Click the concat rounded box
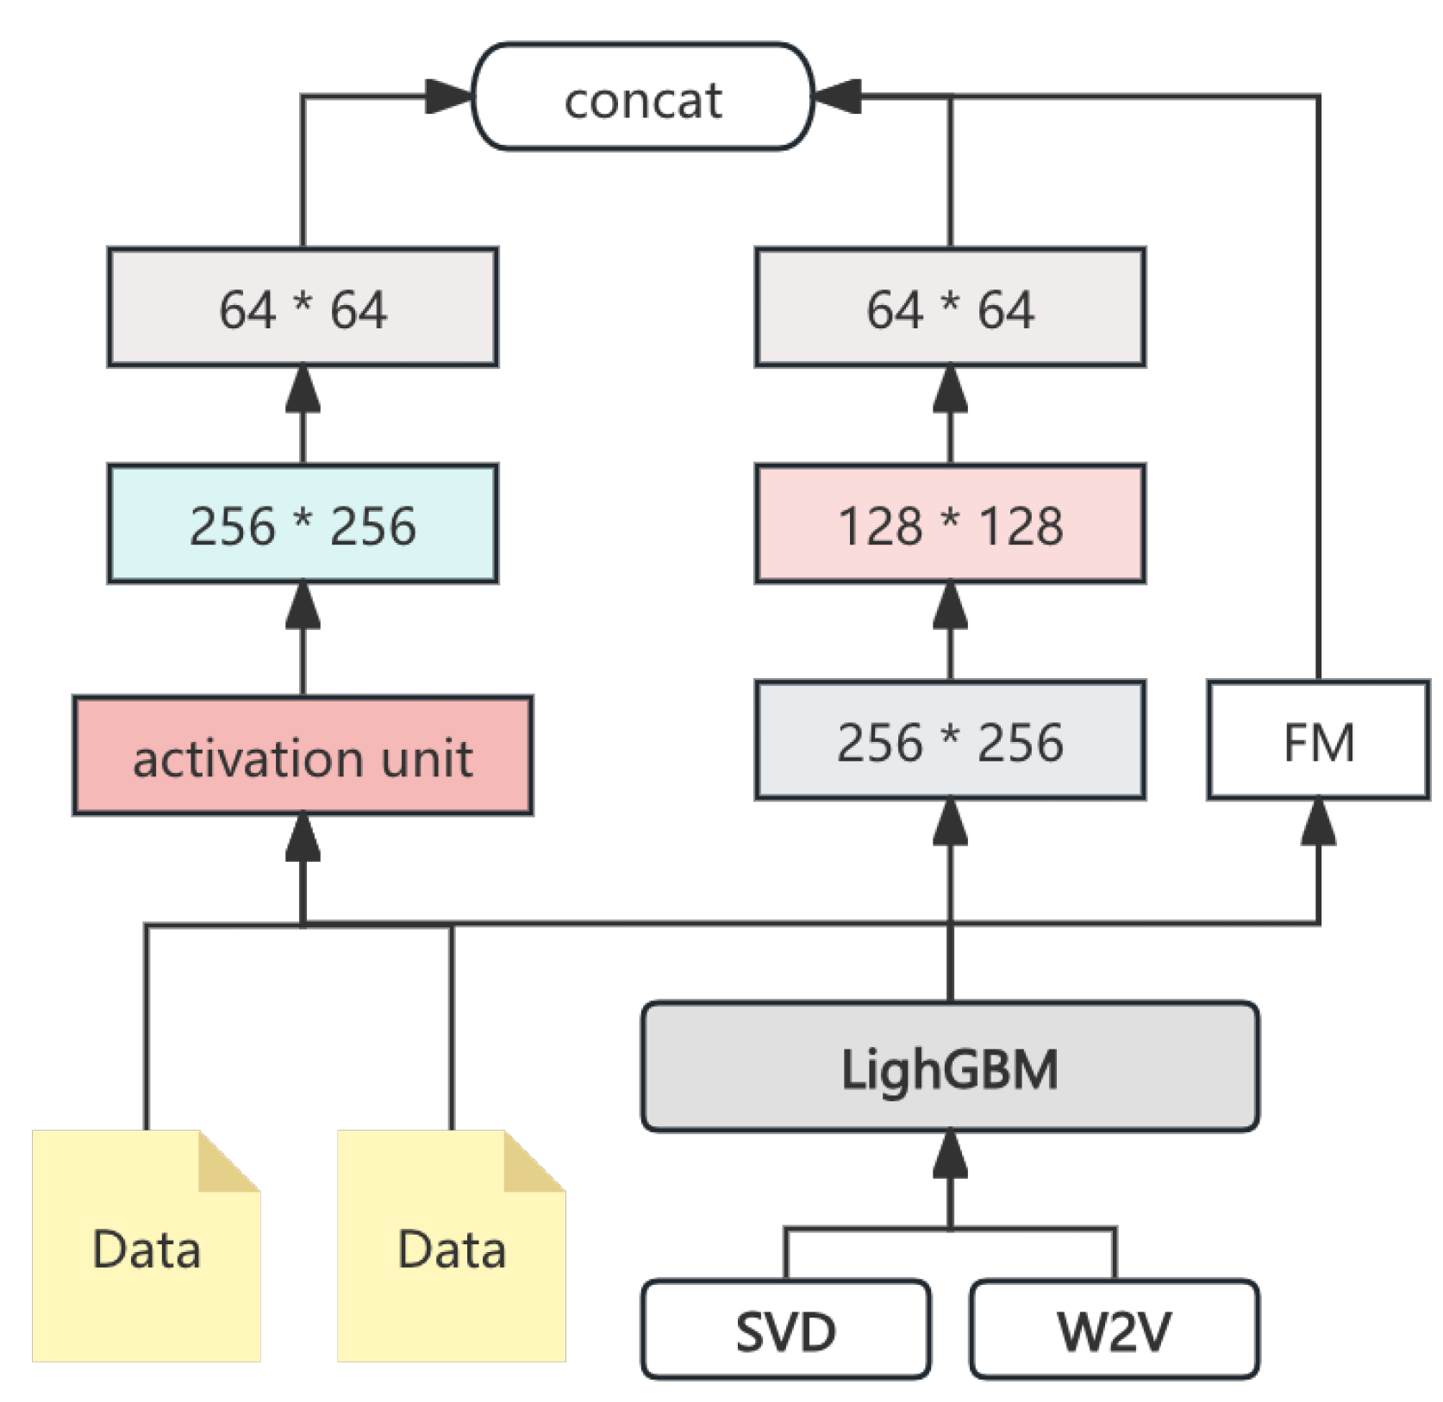click(642, 97)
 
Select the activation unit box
click(303, 756)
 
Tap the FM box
click(1318, 740)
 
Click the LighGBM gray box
click(950, 1066)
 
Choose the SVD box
click(785, 1328)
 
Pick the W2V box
click(1114, 1328)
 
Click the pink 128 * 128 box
click(950, 524)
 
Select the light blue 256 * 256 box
click(303, 524)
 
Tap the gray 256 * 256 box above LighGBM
click(950, 740)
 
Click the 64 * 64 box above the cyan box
click(303, 308)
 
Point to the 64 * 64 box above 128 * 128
click(950, 308)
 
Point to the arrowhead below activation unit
click(303, 838)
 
